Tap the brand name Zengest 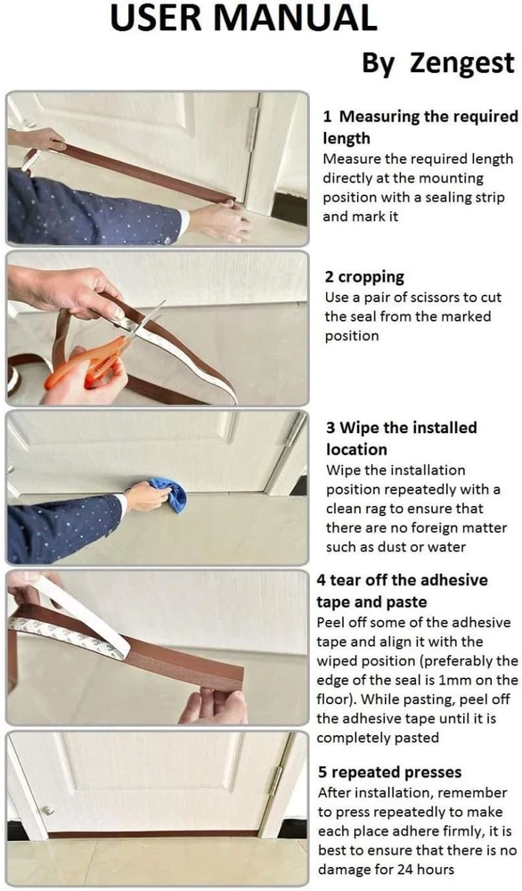[461, 62]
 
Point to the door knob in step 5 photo [48, 810]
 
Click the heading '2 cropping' [364, 277]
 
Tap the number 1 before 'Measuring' [327, 117]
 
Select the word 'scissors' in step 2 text [434, 298]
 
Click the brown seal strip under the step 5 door [152, 835]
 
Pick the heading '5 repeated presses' [389, 772]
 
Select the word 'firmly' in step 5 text [463, 831]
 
